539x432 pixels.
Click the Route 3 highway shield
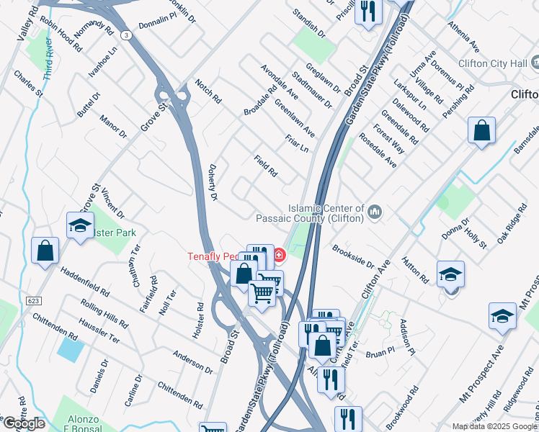coord(126,35)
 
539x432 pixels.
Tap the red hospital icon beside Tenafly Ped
coord(279,255)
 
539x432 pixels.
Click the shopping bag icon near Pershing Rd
coord(481,131)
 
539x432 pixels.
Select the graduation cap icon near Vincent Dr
coord(80,225)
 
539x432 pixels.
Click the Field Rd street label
coord(266,166)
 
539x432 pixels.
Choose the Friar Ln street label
coord(297,143)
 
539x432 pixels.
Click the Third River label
coord(48,58)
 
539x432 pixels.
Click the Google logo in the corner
coord(23,423)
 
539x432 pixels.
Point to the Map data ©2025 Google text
coord(494,426)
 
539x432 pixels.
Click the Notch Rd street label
coord(208,91)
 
